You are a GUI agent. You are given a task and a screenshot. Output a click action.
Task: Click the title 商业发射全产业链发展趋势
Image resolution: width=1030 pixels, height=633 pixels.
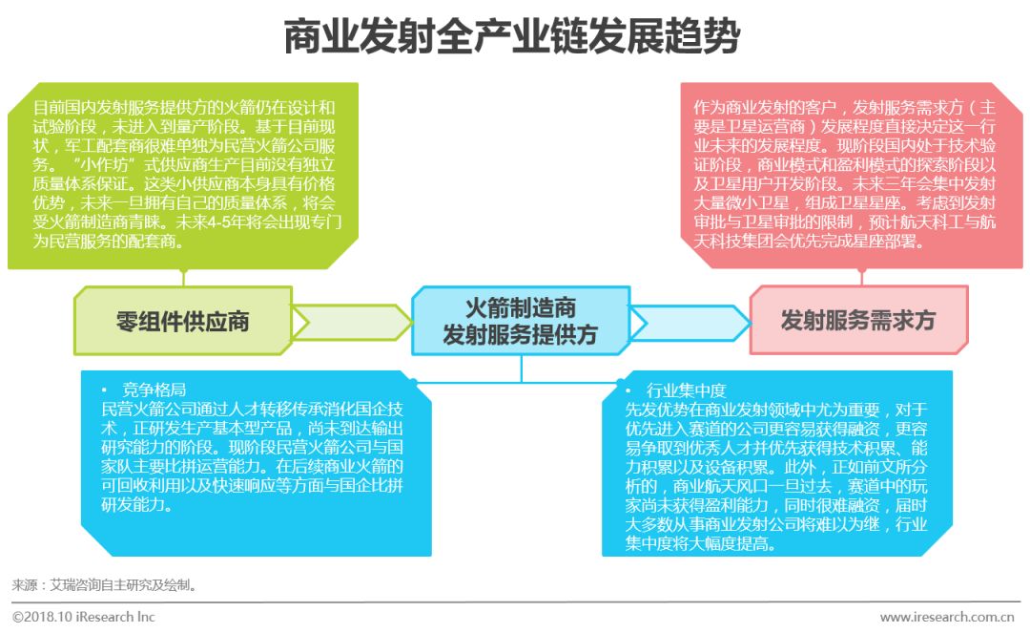click(x=513, y=38)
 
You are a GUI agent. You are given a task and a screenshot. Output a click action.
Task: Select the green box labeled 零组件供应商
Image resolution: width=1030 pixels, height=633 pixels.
click(x=182, y=321)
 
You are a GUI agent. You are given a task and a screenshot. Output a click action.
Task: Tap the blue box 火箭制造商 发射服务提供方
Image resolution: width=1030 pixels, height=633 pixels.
click(x=520, y=321)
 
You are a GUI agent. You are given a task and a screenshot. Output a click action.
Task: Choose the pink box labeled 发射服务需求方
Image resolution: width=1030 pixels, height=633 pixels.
click(x=857, y=321)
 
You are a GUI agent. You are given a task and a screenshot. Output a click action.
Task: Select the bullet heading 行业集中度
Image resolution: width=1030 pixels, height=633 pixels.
click(x=686, y=390)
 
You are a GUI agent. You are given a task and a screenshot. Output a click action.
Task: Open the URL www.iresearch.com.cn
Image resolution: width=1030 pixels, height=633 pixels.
click(x=946, y=617)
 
